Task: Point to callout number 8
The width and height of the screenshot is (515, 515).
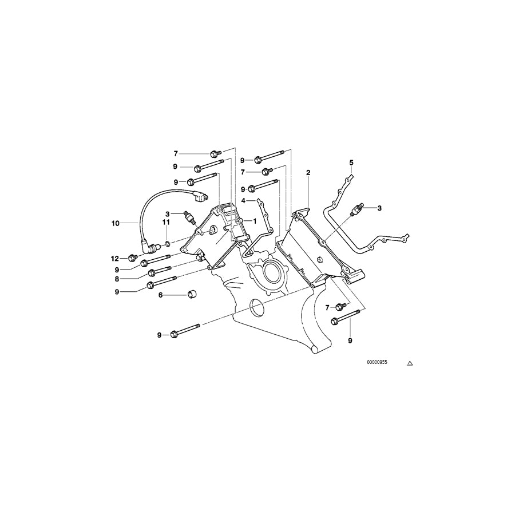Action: point(116,279)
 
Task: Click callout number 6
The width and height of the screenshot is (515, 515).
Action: point(161,295)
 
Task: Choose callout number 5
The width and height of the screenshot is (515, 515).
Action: point(352,163)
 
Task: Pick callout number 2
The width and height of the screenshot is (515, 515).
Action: point(308,172)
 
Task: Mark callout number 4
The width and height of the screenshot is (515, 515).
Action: point(243,201)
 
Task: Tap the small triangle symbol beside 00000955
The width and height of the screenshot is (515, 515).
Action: point(409,363)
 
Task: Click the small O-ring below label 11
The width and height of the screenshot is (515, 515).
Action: point(167,244)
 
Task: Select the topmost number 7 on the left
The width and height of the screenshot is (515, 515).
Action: point(176,153)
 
